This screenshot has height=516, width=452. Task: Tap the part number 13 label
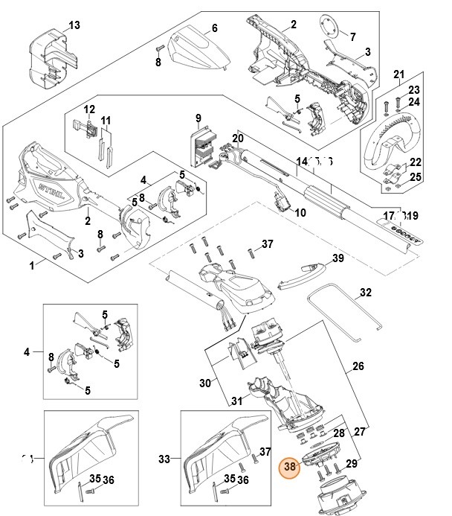click(x=74, y=25)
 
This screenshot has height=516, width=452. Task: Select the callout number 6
click(x=214, y=28)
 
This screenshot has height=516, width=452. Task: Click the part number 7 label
click(x=352, y=36)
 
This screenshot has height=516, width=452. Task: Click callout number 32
click(x=365, y=293)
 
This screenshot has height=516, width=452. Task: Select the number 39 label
click(x=338, y=258)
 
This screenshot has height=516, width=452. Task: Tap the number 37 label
click(x=267, y=244)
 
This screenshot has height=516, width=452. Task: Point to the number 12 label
click(x=89, y=109)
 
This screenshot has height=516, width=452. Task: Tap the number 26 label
click(x=358, y=366)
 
